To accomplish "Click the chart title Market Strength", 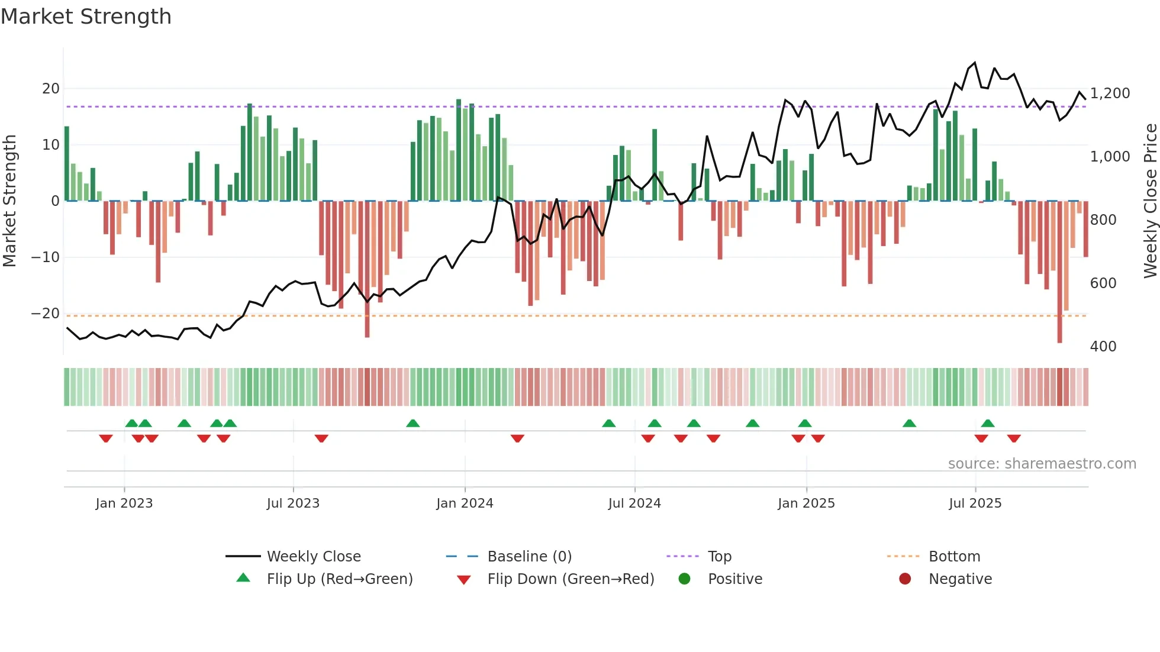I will click(86, 17).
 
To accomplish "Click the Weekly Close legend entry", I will click(313, 556).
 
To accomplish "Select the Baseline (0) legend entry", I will click(529, 556).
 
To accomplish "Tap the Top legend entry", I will click(719, 556).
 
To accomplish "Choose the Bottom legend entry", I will click(954, 556).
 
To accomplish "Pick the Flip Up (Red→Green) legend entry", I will click(339, 579).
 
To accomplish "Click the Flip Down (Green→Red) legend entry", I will click(571, 579).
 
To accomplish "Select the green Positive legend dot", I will click(685, 579).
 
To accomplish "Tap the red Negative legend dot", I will click(905, 579).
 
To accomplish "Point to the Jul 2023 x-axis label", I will click(293, 503).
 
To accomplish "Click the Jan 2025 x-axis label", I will click(806, 503).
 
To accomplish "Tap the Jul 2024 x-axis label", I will click(634, 503).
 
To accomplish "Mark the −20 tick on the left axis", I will click(46, 313).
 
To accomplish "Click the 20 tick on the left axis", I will click(51, 89).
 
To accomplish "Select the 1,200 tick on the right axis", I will click(1110, 93).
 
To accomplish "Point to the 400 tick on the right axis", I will click(1103, 346).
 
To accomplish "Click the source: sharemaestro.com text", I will click(1042, 463).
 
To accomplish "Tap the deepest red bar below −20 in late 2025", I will click(1059, 272).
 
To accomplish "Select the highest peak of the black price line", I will click(975, 63).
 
